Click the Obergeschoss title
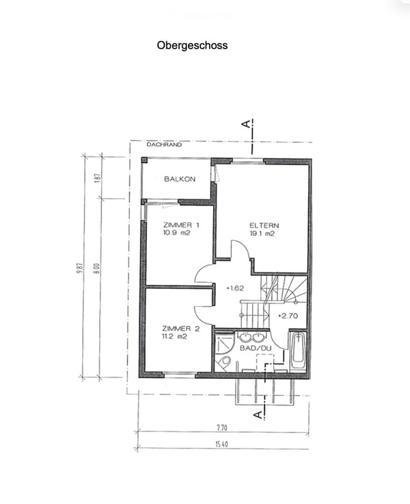point(192,46)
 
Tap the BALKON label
point(180,179)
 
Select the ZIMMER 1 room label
point(181,225)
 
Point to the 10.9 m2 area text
point(176,233)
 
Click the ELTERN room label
point(264,225)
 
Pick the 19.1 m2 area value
point(262,234)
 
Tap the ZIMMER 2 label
point(180,328)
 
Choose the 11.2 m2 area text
point(175,337)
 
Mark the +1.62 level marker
point(235,288)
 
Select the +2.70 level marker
point(288,316)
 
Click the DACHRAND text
point(164,145)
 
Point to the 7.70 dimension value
point(222,428)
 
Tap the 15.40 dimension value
point(221,445)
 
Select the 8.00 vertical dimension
point(98,268)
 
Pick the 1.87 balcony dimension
point(98,178)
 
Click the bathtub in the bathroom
point(299,350)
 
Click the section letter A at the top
point(247,124)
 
